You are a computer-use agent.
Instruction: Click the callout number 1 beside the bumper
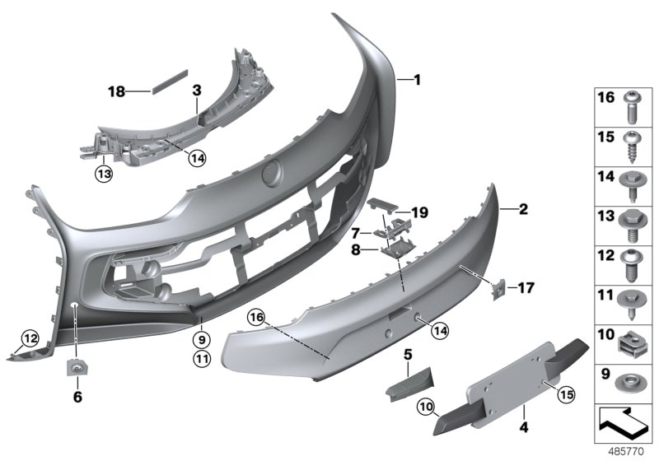tap(417, 80)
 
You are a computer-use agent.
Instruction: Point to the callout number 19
tap(420, 213)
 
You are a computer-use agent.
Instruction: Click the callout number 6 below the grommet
tap(78, 396)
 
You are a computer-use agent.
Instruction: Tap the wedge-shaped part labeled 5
tap(407, 384)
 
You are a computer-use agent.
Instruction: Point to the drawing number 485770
tap(628, 451)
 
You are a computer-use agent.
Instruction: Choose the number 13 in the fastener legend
tap(605, 217)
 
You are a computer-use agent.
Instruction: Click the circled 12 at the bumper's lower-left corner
tap(30, 338)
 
